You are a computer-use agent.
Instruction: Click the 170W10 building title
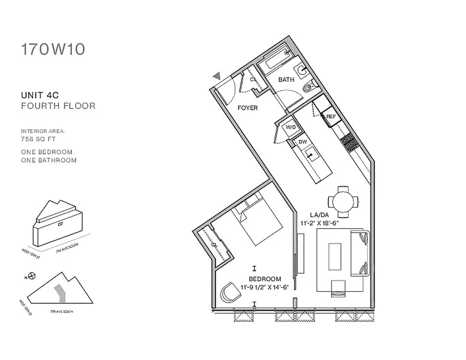coord(53,49)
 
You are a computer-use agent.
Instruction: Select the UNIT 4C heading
coord(40,95)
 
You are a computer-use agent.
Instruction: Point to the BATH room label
coord(286,80)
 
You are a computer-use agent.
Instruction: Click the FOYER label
coord(248,108)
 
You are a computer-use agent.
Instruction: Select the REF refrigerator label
coord(331,117)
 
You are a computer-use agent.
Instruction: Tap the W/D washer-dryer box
coord(290,127)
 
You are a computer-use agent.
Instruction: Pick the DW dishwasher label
coord(303,142)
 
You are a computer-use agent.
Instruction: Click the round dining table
coord(343,201)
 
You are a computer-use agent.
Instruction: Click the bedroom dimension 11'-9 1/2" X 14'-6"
coord(264,287)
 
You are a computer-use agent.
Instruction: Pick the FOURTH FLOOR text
coord(58,106)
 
